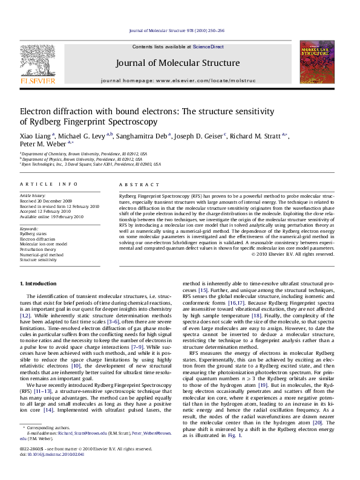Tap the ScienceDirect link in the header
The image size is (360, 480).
(x=209, y=47)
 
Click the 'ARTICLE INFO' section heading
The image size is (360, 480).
(x=40, y=183)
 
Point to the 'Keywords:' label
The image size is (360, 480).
(x=31, y=230)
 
